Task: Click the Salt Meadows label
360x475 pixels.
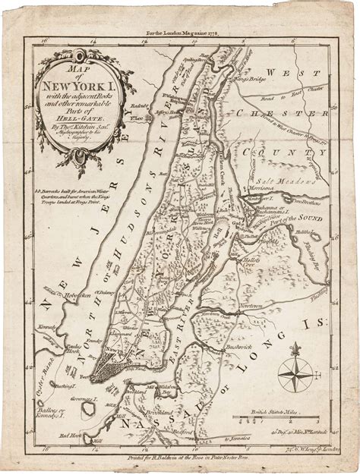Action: (x=287, y=182)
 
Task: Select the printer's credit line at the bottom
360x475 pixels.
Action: (x=180, y=458)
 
